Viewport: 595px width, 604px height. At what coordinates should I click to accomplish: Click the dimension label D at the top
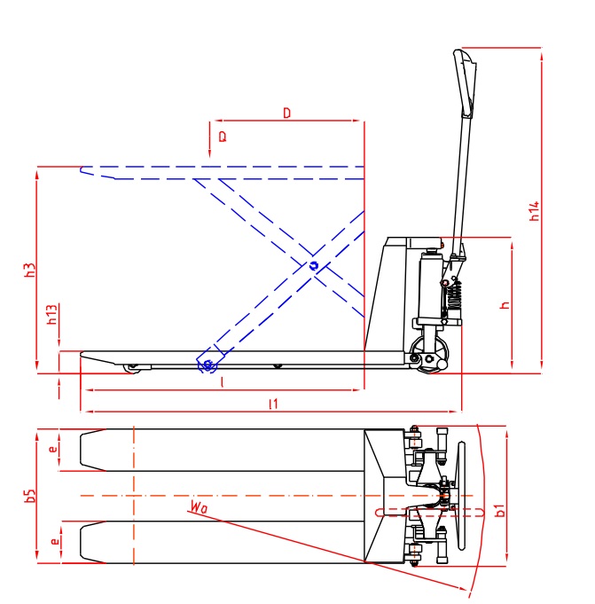click(x=286, y=113)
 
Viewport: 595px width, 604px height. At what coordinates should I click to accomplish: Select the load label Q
click(x=222, y=137)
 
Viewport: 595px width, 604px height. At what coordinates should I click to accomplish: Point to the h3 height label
click(x=28, y=271)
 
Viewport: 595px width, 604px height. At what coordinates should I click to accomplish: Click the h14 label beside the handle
click(x=534, y=211)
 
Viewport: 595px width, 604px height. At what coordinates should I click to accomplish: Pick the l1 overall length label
click(x=274, y=404)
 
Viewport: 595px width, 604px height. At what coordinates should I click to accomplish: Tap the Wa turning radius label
click(x=198, y=508)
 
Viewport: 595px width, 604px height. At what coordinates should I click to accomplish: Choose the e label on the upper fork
click(x=53, y=449)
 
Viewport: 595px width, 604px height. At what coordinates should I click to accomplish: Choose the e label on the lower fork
click(x=53, y=539)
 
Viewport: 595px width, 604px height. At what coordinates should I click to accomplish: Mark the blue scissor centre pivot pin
click(x=313, y=265)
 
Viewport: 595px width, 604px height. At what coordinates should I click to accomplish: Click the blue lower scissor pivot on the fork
click(x=207, y=365)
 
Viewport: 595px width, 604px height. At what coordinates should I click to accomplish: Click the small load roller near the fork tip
click(x=133, y=366)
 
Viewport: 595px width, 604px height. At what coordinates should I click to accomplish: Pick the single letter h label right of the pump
click(x=504, y=304)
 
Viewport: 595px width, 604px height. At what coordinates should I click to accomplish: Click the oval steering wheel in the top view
click(x=459, y=494)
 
